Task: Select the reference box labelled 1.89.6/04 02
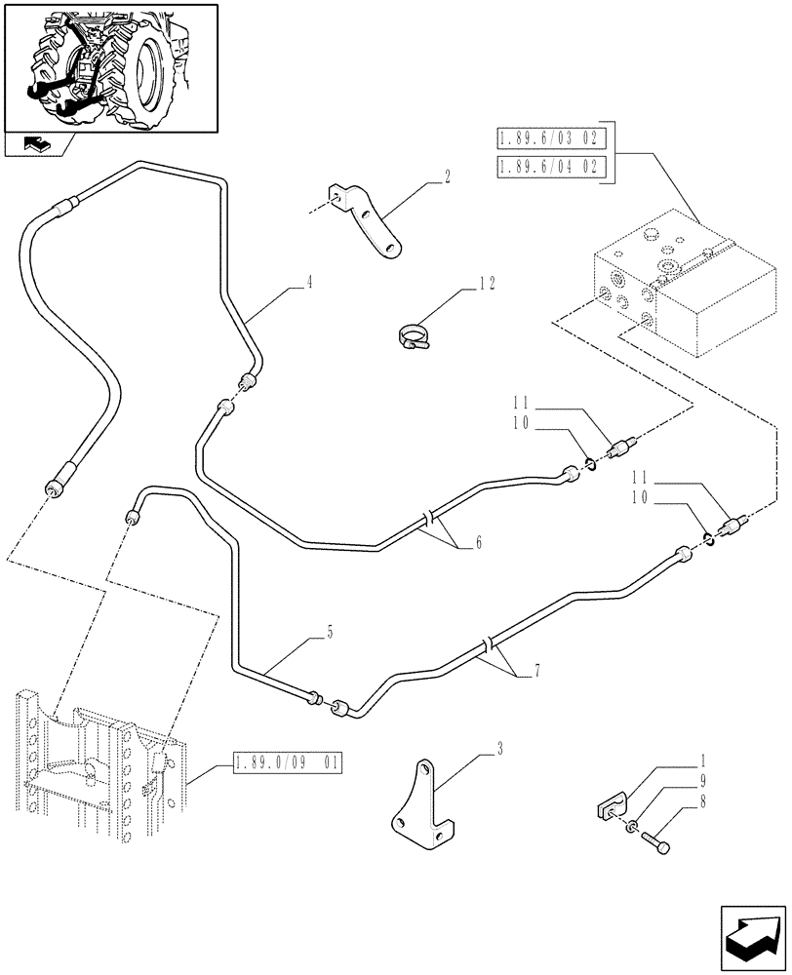553,167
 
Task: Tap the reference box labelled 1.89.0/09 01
288,763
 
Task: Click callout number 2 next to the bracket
447,176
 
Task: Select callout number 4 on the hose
308,284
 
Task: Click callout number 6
478,543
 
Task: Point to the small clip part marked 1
610,808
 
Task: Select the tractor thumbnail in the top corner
111,67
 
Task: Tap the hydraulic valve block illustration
662,288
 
